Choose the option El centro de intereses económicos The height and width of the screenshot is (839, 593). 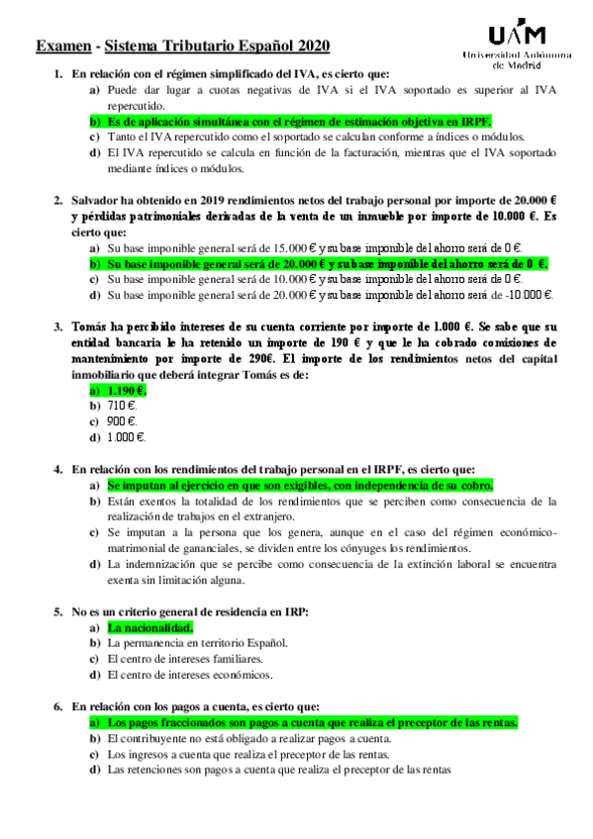click(x=189, y=675)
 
